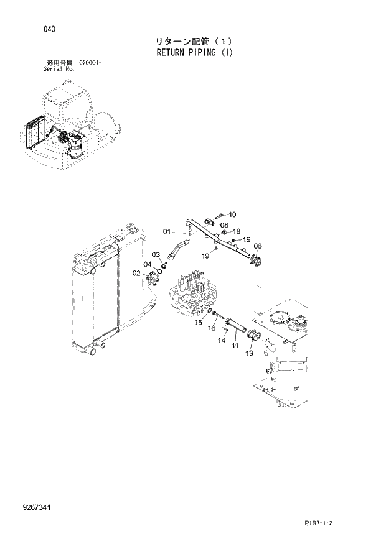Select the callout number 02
pyautogui.click(x=136, y=273)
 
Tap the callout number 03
pyautogui.click(x=156, y=254)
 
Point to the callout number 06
pyautogui.click(x=258, y=246)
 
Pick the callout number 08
pyautogui.click(x=224, y=225)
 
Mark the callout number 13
pyautogui.click(x=249, y=353)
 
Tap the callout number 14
pyautogui.click(x=221, y=340)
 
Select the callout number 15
pyautogui.click(x=197, y=323)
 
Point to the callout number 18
pyautogui.click(x=236, y=231)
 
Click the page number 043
pyautogui.click(x=50, y=29)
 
